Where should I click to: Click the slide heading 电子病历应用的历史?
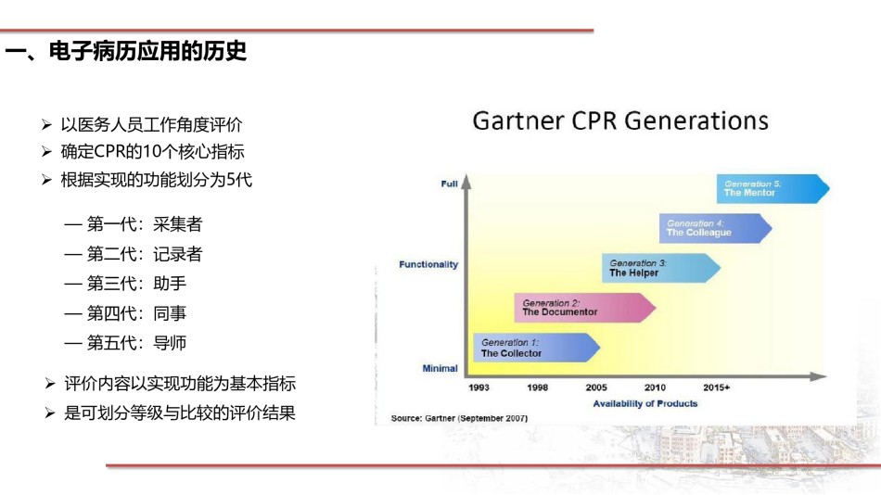tap(147, 51)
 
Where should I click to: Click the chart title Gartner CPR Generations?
tap(620, 121)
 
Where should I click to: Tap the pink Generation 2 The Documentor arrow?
tap(585, 308)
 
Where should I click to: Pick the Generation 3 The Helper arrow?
tap(660, 268)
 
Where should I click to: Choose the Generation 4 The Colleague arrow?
tap(715, 228)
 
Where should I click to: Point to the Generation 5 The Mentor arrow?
tap(772, 188)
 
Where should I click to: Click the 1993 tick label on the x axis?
tap(479, 387)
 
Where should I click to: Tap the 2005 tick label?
tap(596, 387)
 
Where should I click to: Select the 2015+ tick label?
tap(716, 387)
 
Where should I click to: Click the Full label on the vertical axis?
tap(450, 184)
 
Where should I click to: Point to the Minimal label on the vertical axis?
tap(440, 369)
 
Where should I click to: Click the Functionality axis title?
tap(428, 264)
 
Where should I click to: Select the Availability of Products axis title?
tap(645, 403)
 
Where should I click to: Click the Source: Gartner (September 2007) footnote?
tap(459, 418)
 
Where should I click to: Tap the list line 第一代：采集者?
tap(134, 224)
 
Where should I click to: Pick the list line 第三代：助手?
tap(125, 283)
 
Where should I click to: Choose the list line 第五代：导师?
tap(125, 343)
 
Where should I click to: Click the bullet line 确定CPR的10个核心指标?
tap(152, 152)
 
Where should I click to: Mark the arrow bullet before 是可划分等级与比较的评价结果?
tap(49, 413)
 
